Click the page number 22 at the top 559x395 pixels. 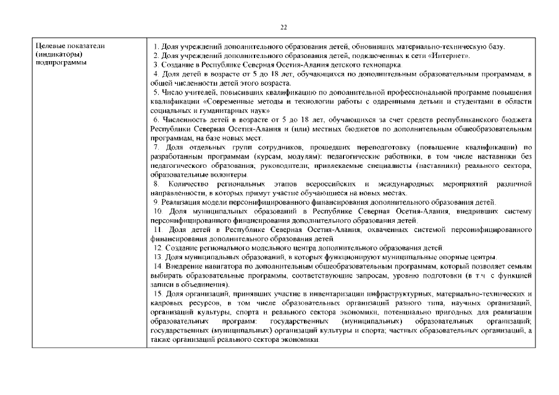[x=284, y=27]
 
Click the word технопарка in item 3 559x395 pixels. [x=380, y=64]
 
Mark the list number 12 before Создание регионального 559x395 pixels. [x=158, y=247]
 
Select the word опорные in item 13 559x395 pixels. [x=470, y=256]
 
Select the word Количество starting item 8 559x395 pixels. [x=189, y=185]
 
